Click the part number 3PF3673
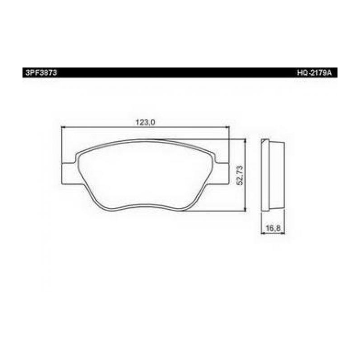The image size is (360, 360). pos(41,73)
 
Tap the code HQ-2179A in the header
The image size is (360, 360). pos(314,73)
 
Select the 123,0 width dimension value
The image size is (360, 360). pos(145,122)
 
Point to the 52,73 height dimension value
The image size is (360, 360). pos(240,175)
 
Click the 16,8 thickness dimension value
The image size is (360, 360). pos(273,228)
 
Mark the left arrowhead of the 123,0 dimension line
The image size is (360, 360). pos(63,127)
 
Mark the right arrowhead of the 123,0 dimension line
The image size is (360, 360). pos(228,127)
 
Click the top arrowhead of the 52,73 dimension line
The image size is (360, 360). pos(245,141)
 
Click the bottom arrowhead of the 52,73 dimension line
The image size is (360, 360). pos(245,209)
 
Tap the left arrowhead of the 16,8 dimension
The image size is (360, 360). pos(263,233)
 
